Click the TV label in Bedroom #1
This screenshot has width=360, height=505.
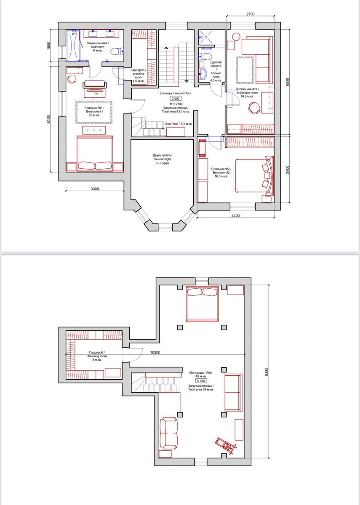pos(96,94)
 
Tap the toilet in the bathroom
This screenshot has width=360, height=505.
pos(117,52)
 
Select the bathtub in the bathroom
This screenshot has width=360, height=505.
pos(73,45)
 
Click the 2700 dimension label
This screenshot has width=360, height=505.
pos(251,14)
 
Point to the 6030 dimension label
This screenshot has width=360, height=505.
pos(49,119)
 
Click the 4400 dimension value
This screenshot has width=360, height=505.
pos(235,216)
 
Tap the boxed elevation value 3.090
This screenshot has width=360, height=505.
pos(176,98)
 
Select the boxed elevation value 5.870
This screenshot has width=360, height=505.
pos(201,381)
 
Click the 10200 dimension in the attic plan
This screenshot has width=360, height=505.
pos(155,352)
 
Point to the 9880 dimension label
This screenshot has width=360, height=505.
pos(267,372)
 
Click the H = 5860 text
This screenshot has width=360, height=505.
pos(163,163)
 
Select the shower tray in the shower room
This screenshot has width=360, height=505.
pos(206,37)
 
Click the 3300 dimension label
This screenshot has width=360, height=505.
pos(95,189)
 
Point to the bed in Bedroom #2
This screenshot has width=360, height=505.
pos(254,176)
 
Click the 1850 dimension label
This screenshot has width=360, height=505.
pos(49,45)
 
